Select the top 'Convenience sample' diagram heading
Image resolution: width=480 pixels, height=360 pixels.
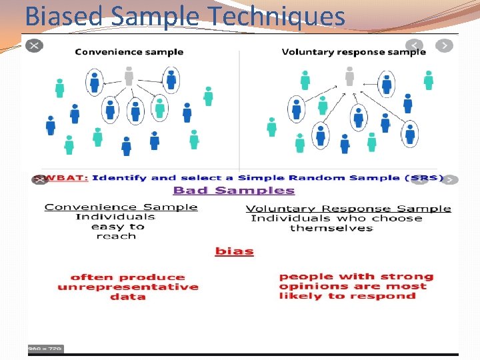(x=129, y=51)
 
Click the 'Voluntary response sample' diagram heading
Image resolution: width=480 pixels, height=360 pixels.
(x=353, y=51)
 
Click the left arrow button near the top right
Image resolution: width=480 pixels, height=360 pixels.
(x=415, y=45)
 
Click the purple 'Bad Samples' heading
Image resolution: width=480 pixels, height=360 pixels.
(x=233, y=191)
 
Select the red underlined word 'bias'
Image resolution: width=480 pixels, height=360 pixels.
(x=234, y=251)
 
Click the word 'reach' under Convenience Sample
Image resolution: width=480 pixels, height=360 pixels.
(x=116, y=236)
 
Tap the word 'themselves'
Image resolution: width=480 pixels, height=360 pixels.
(x=331, y=228)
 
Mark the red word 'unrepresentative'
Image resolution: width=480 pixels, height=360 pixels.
(x=128, y=287)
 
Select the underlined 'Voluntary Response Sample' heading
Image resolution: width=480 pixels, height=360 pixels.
(x=348, y=209)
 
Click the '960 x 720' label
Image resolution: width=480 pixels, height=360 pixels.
(x=45, y=349)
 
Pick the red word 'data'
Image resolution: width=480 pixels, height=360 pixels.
(x=128, y=297)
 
